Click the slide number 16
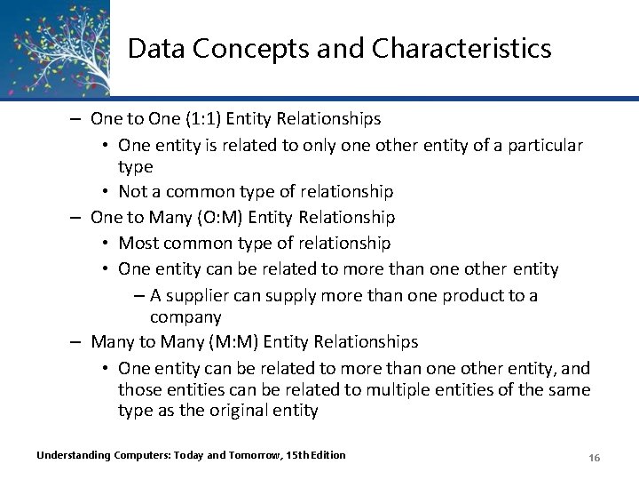[x=595, y=457]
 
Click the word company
[x=185, y=317]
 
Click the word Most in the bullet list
[x=138, y=243]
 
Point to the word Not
[x=132, y=192]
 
